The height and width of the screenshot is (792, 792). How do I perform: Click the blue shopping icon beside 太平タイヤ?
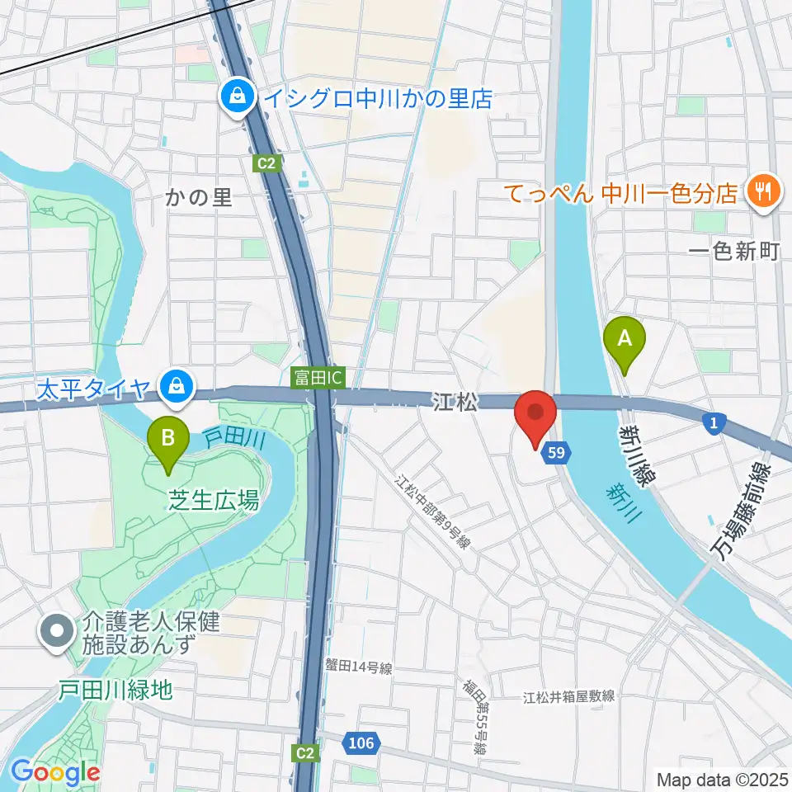tap(176, 384)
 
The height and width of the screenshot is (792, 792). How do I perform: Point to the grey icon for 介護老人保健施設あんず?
tap(57, 633)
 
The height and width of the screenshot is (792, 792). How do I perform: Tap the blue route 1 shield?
tap(714, 423)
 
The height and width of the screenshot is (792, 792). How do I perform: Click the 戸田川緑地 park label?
tap(115, 690)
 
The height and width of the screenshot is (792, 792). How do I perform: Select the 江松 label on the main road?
tap(455, 402)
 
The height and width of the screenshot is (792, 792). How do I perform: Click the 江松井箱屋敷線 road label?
tap(569, 697)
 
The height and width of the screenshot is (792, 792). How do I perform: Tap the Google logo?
tap(55, 772)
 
